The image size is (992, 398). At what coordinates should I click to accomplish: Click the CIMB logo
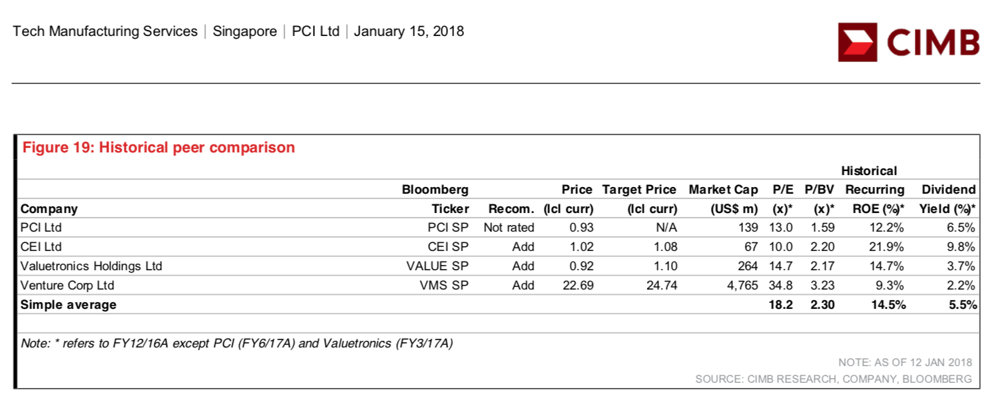click(908, 42)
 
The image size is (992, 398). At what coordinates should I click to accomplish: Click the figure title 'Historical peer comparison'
click(196, 148)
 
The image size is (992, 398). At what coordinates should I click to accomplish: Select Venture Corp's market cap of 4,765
click(742, 286)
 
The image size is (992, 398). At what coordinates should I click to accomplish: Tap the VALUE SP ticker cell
click(437, 266)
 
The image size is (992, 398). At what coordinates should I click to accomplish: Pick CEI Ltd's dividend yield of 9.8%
click(961, 247)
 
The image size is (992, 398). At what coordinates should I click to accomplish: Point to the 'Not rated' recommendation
click(509, 228)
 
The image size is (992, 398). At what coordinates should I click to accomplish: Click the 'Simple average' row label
click(68, 305)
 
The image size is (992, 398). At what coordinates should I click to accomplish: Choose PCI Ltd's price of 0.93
click(581, 228)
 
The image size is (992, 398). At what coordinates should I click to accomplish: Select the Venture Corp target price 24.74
click(662, 286)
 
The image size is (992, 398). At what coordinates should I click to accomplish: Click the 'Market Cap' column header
click(723, 190)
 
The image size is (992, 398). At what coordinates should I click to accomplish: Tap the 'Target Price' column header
click(639, 190)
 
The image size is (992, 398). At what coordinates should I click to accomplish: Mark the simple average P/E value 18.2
click(780, 305)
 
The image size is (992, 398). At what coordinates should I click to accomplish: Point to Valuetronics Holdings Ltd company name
click(91, 266)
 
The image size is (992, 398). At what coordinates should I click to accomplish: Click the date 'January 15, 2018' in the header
click(409, 31)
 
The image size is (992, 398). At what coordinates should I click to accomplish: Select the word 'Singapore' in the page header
click(244, 31)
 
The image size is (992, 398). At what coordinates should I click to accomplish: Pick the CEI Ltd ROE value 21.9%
click(886, 247)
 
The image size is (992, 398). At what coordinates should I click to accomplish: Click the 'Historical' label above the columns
click(869, 171)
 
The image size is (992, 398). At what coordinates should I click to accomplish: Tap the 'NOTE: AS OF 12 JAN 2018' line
click(905, 363)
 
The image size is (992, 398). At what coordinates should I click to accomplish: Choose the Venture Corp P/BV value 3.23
click(822, 286)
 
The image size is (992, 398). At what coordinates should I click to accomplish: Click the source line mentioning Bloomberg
click(834, 379)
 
